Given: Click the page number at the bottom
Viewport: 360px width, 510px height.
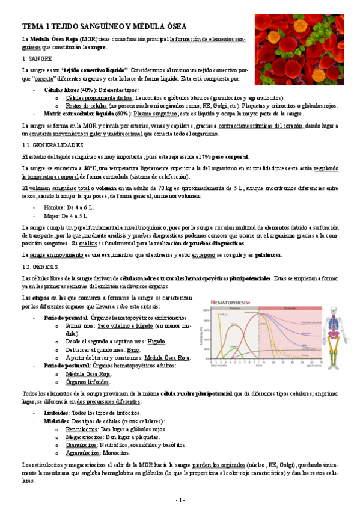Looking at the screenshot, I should [x=180, y=500].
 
